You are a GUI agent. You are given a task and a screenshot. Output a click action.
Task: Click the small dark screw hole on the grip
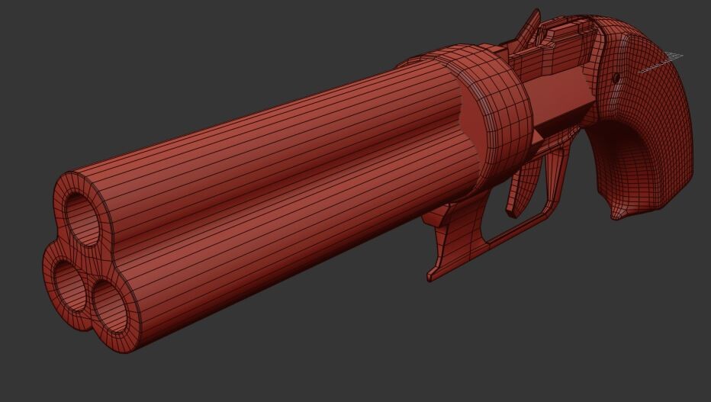pos(616,77)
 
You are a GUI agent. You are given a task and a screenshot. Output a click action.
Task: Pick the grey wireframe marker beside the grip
pos(662,63)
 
